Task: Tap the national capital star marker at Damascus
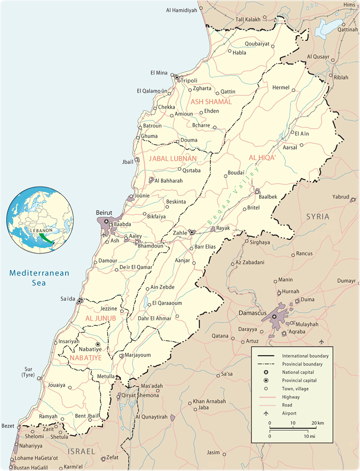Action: pyautogui.click(x=274, y=317)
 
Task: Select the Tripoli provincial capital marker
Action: pyautogui.click(x=177, y=78)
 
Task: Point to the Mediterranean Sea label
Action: pyautogui.click(x=39, y=278)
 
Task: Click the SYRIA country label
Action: pyautogui.click(x=318, y=216)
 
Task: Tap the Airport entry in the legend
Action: pyautogui.click(x=289, y=413)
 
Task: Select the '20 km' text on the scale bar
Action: pyautogui.click(x=317, y=423)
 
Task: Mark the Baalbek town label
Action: pyautogui.click(x=268, y=197)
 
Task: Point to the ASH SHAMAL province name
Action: pyautogui.click(x=211, y=102)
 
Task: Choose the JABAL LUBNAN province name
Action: pyautogui.click(x=173, y=159)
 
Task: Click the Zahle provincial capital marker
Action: pyautogui.click(x=192, y=232)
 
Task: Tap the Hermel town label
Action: pyautogui.click(x=281, y=87)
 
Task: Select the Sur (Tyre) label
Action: pyautogui.click(x=28, y=372)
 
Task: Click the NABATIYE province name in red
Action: pyautogui.click(x=86, y=358)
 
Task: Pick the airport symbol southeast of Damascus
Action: pyautogui.click(x=321, y=341)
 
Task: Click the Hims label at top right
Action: pyautogui.click(x=349, y=5)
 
